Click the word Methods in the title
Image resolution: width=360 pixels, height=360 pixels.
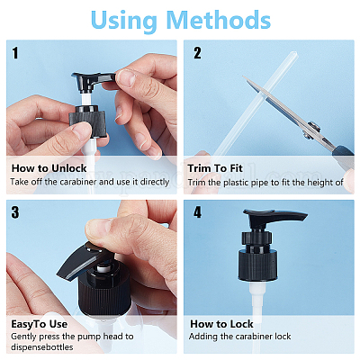tap(218, 20)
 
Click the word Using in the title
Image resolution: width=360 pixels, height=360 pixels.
tap(123, 22)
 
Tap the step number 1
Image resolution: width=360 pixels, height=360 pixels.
tap(15, 53)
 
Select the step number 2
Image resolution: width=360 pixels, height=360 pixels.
tap(197, 53)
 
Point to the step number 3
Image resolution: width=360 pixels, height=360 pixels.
tap(15, 212)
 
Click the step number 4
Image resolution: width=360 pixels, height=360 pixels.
tap(197, 212)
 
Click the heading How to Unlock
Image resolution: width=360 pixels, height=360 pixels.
tap(49, 168)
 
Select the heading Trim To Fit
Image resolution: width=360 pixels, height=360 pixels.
tap(215, 168)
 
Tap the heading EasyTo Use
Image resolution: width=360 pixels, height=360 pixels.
tap(39, 324)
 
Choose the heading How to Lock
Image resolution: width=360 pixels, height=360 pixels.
tap(221, 324)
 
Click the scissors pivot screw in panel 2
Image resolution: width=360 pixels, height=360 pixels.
tap(313, 127)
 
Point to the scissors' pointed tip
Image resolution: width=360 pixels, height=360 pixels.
tap(243, 76)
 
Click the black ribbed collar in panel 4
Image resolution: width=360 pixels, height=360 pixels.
tap(258, 265)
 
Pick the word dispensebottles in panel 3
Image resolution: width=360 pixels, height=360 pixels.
tap(42, 347)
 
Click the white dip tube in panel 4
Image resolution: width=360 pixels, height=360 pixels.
tap(258, 300)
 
